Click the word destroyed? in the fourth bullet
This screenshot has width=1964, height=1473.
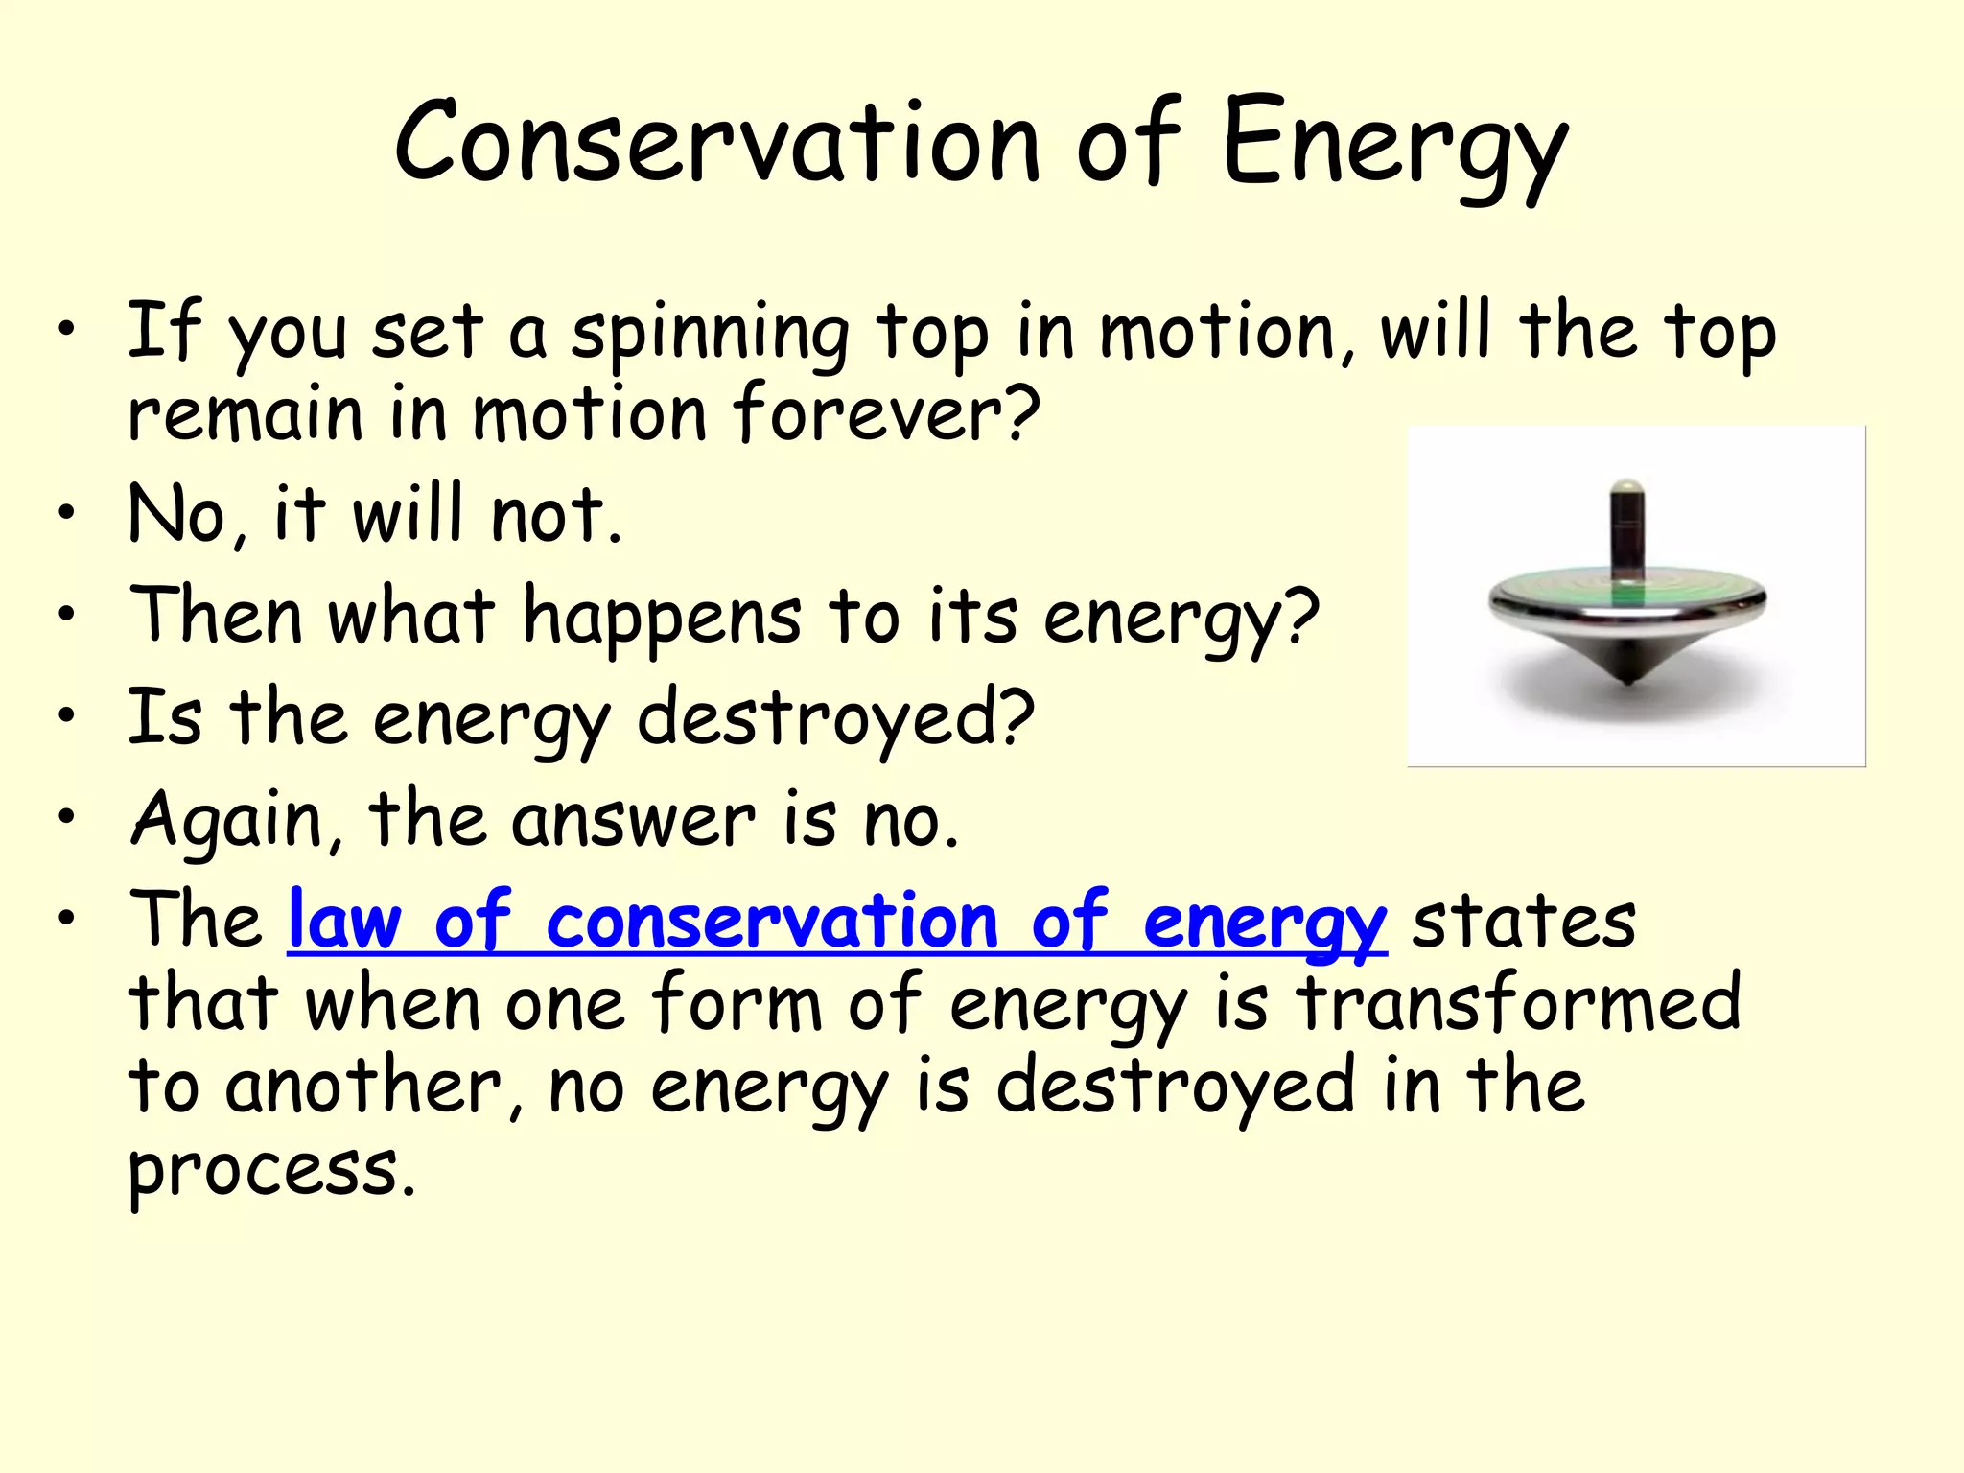[835, 718]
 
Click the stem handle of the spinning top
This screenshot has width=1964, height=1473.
[1626, 527]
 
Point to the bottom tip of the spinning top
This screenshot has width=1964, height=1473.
[1627, 679]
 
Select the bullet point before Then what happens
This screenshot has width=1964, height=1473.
[65, 614]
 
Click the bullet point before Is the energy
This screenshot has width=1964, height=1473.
[65, 715]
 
